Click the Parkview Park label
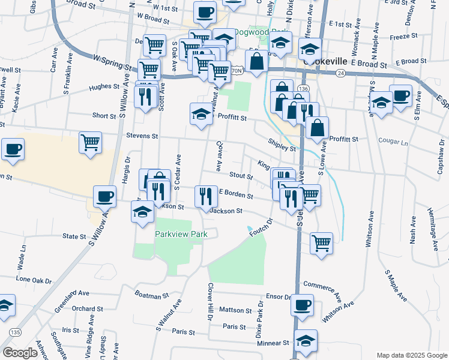click(x=181, y=234)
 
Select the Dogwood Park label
click(x=259, y=32)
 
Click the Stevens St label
click(x=142, y=136)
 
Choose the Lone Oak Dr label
click(x=35, y=280)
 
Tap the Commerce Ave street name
click(x=322, y=289)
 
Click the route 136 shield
click(x=302, y=88)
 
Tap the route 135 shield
click(x=15, y=332)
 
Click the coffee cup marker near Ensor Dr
click(x=302, y=304)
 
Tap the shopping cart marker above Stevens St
click(x=91, y=143)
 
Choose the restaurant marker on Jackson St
click(x=205, y=196)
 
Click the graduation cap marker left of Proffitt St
click(x=201, y=114)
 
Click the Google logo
click(x=20, y=353)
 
